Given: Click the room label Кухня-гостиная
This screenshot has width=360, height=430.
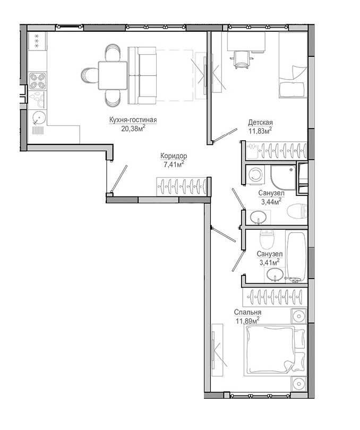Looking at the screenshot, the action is coord(133,120).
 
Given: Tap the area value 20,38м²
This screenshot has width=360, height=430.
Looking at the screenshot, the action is coord(133,128).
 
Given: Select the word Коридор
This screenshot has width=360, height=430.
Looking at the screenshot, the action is coord(174,156).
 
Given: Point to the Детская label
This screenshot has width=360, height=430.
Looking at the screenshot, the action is coord(260,122).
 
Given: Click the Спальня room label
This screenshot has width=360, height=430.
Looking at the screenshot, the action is coord(247,312).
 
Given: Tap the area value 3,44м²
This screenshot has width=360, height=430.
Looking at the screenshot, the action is coord(271,202).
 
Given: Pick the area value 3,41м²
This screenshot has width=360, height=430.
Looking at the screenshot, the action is coord(269,262).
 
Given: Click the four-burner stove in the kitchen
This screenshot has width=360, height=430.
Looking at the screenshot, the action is coord(38,81).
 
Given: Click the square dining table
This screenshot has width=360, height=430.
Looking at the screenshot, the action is coord(113,75).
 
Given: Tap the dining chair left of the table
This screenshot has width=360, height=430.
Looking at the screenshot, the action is coord(89,75).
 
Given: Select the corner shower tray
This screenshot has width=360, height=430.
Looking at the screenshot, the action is coord(283,177).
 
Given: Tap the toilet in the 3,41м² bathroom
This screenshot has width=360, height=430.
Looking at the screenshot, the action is coord(267,239).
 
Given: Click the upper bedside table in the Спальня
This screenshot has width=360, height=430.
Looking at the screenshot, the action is coord(298,316).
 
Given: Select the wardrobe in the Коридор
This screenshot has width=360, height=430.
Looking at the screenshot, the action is coord(182,187).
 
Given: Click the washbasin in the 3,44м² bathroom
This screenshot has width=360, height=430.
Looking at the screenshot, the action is coord(258,218).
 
